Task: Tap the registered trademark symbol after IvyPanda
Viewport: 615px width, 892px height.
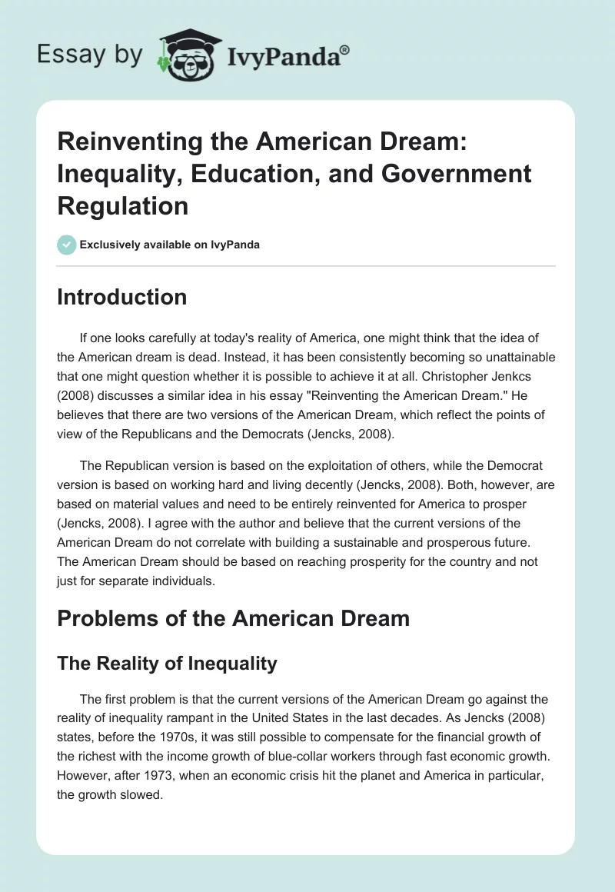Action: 345,50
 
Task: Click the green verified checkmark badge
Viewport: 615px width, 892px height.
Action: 66,245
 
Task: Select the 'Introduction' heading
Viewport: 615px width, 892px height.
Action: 121,298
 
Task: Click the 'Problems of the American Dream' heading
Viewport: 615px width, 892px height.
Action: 233,617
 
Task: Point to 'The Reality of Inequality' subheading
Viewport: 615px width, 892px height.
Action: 167,663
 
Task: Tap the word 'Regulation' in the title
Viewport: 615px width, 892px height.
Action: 122,205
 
